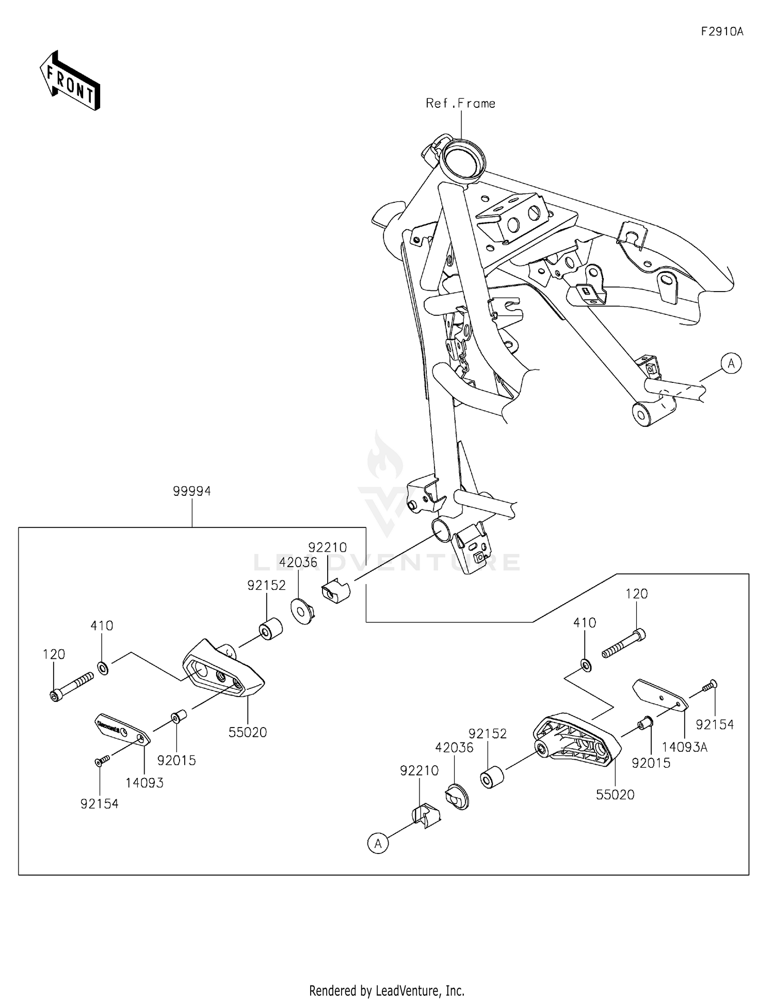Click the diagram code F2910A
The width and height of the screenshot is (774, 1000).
[x=721, y=31]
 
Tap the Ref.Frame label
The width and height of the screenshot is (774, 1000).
[x=460, y=103]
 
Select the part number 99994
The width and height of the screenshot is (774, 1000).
[x=192, y=491]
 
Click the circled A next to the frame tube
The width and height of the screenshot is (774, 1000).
[x=731, y=363]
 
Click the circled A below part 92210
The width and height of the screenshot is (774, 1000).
[x=378, y=844]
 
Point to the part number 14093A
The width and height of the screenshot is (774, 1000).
[x=684, y=747]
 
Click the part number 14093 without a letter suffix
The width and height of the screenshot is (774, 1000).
[x=144, y=783]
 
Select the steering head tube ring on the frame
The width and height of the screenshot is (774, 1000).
[x=461, y=157]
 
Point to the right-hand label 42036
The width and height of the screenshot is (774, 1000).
[x=454, y=747]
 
